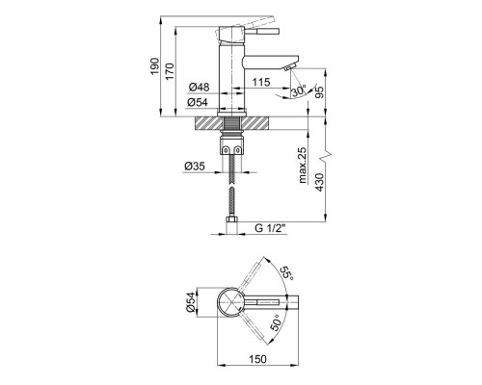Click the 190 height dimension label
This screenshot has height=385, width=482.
pos(155,66)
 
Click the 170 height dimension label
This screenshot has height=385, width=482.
pos(170,71)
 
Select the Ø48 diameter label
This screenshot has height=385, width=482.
pos(199,87)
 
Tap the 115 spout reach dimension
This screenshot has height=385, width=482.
pos(261,82)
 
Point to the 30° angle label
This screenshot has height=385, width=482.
pos(299,91)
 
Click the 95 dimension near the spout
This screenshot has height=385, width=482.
pos(320,91)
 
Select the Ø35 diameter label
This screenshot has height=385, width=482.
pos(195,167)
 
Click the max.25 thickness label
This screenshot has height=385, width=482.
pos(303,165)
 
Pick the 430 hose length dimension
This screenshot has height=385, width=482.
pos(320,182)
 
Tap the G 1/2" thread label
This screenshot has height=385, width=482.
pos(270,228)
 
